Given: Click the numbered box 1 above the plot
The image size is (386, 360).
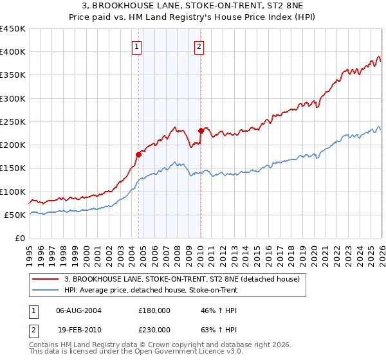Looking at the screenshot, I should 138,46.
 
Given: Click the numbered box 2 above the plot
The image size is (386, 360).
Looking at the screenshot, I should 199,46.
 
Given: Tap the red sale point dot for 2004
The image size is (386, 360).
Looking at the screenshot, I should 138,154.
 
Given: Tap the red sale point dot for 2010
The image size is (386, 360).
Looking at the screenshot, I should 201,130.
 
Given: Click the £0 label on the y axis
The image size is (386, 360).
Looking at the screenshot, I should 19,238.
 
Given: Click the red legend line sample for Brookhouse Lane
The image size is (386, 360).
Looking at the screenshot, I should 46,280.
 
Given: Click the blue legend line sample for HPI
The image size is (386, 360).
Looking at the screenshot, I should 46,291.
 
